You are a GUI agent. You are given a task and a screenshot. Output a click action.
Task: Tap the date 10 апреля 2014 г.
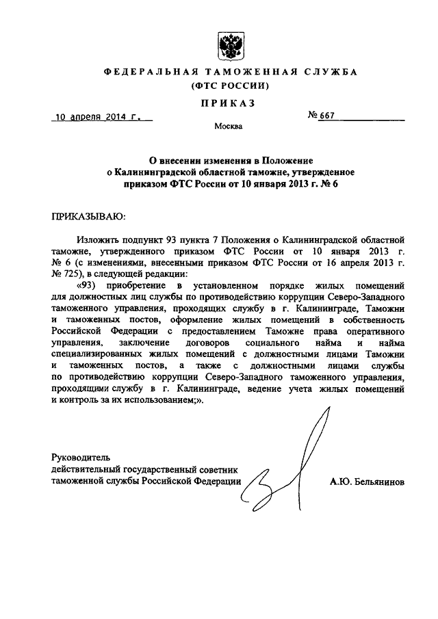[99, 117]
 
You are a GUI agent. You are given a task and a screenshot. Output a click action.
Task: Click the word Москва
[227, 127]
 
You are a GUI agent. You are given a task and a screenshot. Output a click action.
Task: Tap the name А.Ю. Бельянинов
[366, 482]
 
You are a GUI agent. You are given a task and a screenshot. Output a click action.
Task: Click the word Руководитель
[81, 457]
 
